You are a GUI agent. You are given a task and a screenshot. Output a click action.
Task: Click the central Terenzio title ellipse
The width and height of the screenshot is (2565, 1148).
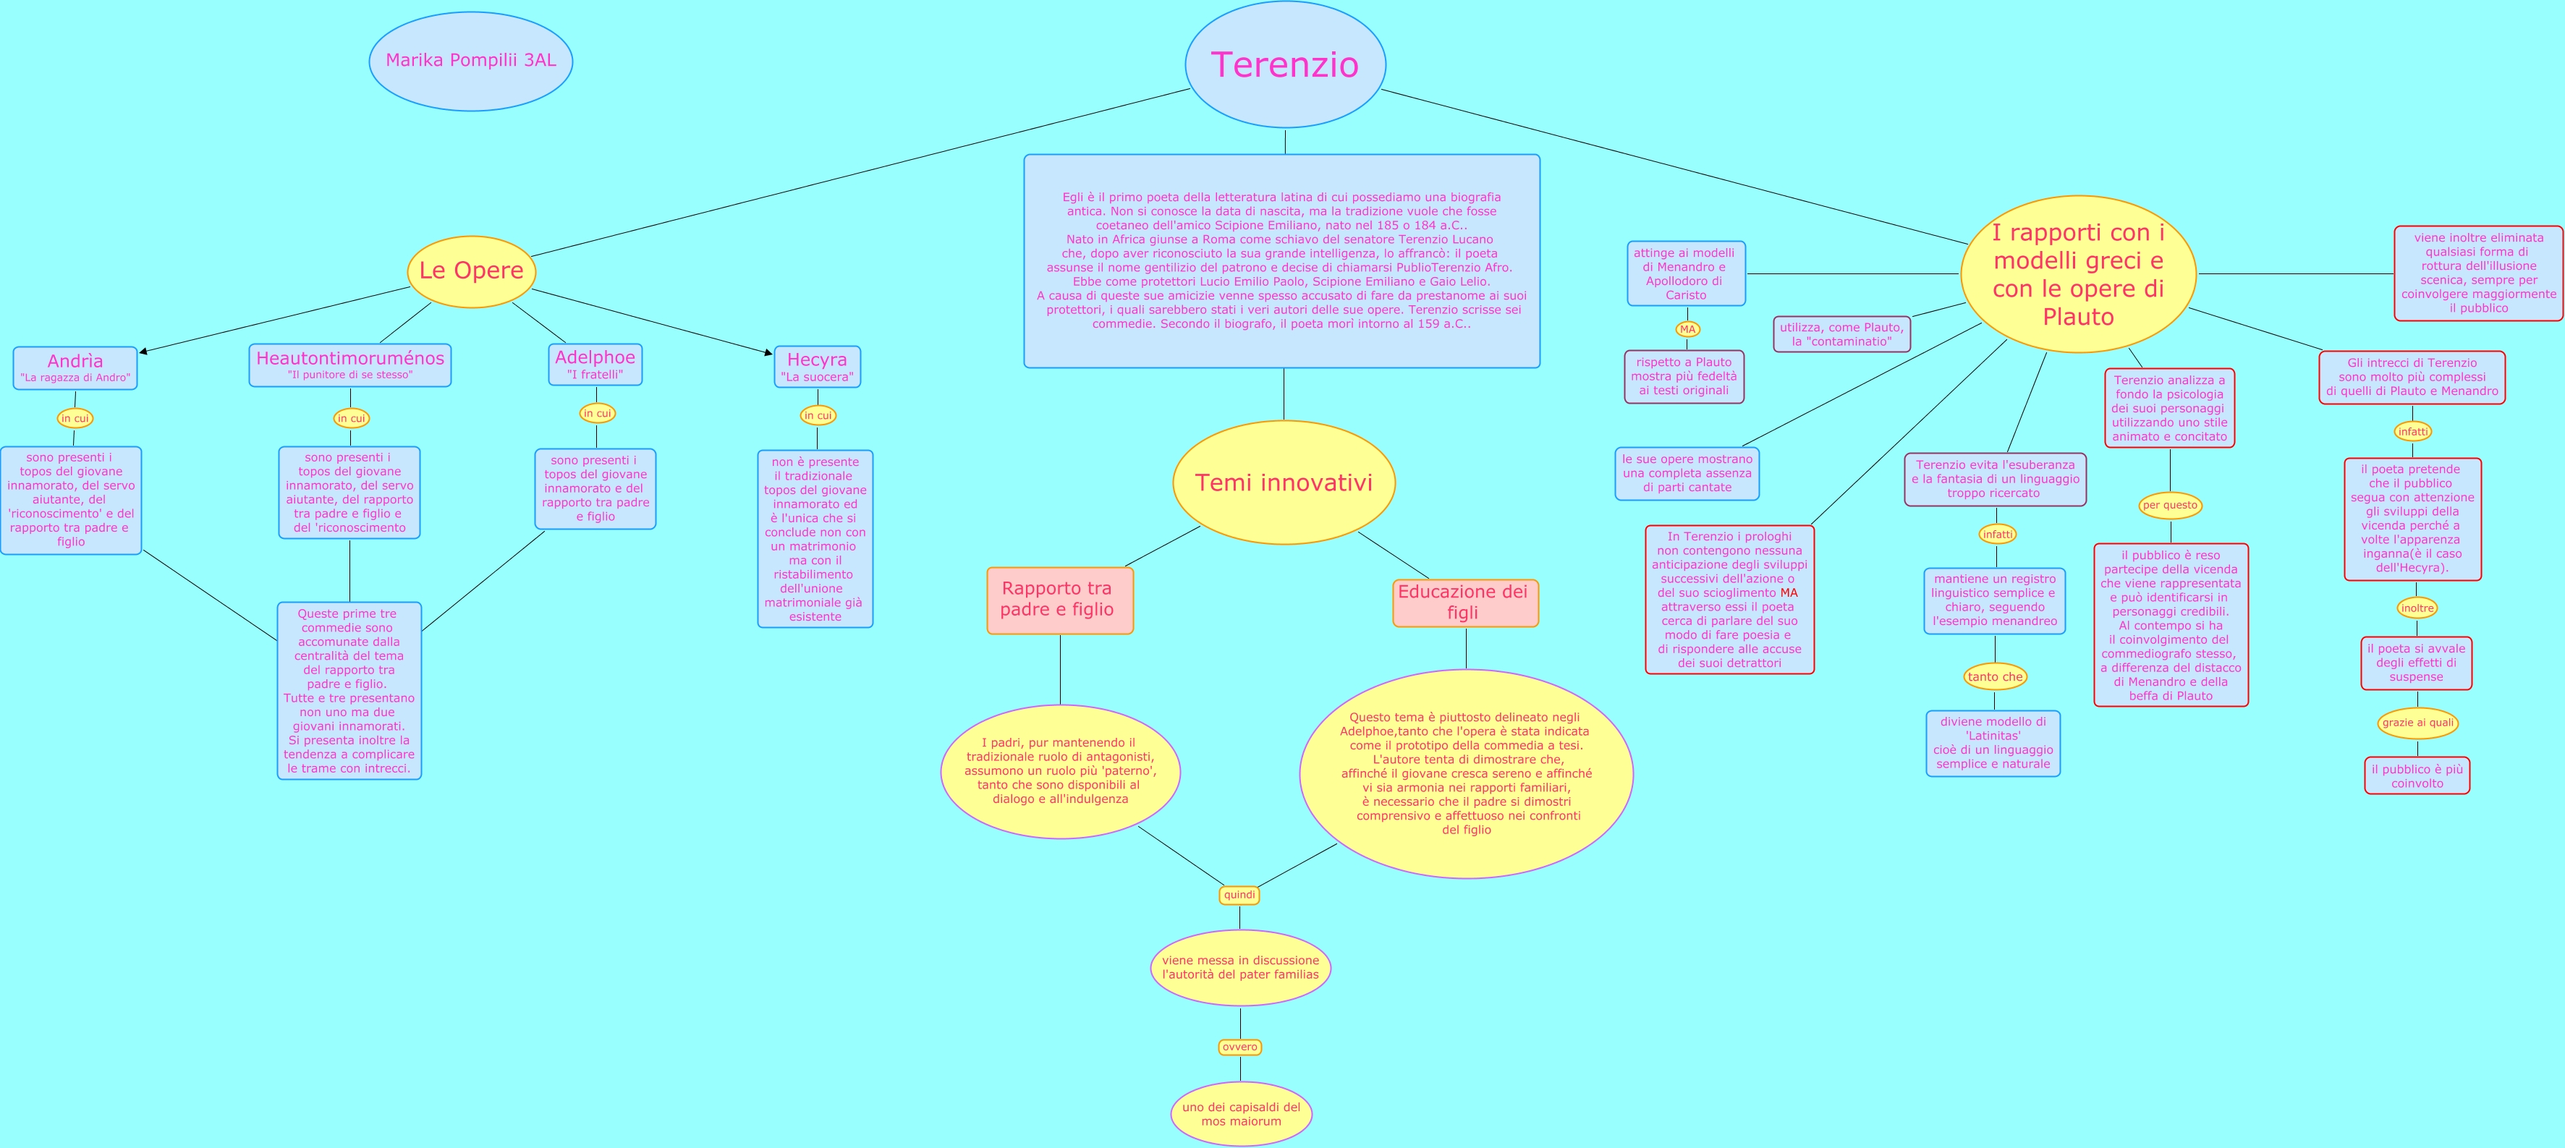(x=1284, y=64)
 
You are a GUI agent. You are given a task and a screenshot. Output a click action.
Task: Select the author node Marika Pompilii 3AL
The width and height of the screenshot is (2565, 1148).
(x=471, y=61)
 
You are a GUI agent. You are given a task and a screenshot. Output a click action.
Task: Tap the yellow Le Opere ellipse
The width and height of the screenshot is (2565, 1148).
(x=471, y=271)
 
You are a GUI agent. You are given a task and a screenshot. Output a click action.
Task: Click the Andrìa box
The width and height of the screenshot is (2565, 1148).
(x=75, y=367)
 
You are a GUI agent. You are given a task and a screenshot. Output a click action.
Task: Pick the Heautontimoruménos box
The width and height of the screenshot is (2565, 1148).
(x=349, y=365)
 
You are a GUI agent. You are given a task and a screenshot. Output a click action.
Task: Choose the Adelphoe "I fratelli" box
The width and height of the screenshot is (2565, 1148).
(x=595, y=365)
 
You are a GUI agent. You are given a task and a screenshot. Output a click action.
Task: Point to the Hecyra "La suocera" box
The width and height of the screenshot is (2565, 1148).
(x=816, y=367)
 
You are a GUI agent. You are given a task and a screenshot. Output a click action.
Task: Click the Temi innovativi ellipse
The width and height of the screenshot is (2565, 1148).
(x=1284, y=483)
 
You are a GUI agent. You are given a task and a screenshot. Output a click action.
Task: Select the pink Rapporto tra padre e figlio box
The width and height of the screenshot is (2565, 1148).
(x=1059, y=600)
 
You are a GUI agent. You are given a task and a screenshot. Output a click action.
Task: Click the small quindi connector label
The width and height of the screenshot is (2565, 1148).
(x=1239, y=895)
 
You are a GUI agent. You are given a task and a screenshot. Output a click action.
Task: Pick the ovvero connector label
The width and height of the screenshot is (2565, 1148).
(x=1239, y=1047)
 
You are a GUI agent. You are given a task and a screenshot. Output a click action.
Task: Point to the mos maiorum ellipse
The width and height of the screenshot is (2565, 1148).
(x=1241, y=1114)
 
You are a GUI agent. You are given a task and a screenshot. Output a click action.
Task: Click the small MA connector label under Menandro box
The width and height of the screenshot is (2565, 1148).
(x=1687, y=330)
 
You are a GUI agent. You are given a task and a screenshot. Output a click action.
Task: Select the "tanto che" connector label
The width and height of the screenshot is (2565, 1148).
(x=1994, y=677)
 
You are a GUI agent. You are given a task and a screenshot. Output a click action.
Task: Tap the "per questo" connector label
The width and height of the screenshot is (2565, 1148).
(x=2170, y=505)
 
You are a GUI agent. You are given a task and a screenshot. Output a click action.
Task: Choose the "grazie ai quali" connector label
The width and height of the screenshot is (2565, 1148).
(x=2417, y=723)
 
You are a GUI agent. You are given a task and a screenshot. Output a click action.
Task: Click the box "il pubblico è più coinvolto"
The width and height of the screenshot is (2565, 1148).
(x=2417, y=775)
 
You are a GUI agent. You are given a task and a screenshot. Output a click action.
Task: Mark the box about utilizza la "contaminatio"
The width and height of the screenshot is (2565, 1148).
(x=1841, y=334)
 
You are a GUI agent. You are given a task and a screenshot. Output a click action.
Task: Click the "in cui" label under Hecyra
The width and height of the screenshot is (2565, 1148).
(x=818, y=415)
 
